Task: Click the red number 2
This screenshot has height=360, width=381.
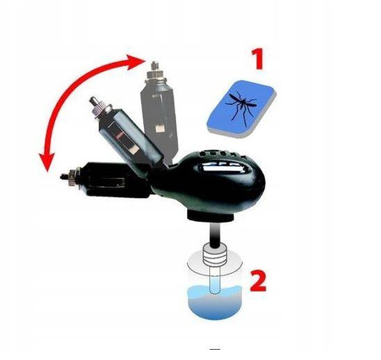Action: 258,280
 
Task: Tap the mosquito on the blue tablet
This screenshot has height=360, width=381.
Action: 240,107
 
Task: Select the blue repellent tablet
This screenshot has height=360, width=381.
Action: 241,109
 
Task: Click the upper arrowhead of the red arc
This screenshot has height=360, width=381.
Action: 136,61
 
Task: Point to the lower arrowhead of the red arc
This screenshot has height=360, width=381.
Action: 47,162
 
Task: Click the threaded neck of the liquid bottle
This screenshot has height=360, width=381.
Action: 216,257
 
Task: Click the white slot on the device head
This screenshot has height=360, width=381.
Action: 222,168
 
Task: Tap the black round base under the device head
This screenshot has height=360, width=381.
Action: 210,217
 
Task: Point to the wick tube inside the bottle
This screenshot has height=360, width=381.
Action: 215,279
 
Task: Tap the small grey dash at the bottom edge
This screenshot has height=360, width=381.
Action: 215,349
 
